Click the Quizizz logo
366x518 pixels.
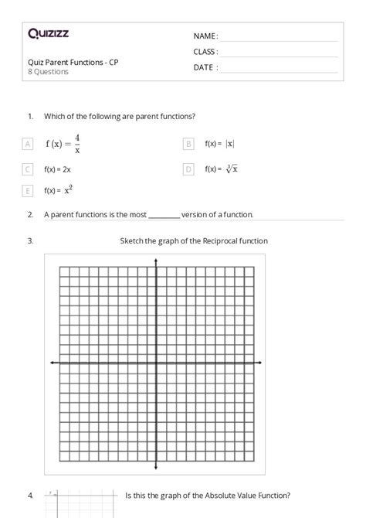[48, 33]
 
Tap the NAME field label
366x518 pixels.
[205, 36]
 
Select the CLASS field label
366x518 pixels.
[205, 52]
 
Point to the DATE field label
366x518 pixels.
[205, 67]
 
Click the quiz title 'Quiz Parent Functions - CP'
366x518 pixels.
[73, 62]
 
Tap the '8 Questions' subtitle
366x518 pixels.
[48, 72]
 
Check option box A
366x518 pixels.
[28, 144]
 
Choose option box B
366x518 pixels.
[188, 144]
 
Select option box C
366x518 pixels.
[28, 169]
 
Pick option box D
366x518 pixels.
[188, 169]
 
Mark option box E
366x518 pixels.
[28, 190]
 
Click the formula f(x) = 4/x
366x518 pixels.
[63, 144]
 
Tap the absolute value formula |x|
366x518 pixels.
[230, 144]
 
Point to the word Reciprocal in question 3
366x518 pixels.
[222, 241]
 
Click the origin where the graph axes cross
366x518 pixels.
[157, 363]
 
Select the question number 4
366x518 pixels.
[29, 496]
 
